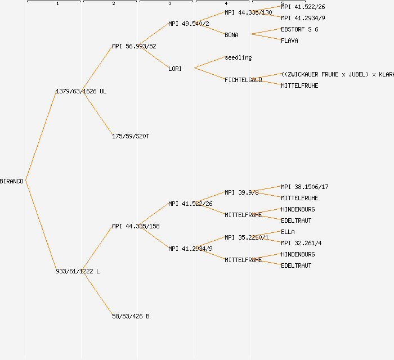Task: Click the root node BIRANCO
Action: click(12, 181)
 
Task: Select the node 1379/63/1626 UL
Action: click(81, 91)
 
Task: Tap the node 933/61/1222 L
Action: click(78, 271)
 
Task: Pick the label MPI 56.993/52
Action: click(134, 46)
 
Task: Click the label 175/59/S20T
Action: click(131, 136)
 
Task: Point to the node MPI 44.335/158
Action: click(136, 226)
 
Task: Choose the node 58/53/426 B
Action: click(131, 316)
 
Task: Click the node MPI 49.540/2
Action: click(189, 24)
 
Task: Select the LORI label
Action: click(175, 69)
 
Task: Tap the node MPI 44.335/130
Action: click(248, 12)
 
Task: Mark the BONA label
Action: click(231, 35)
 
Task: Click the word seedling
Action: click(238, 57)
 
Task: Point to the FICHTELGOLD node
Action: click(243, 80)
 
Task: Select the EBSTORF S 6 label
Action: click(299, 29)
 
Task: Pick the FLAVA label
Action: click(289, 40)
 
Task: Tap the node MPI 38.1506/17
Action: click(305, 187)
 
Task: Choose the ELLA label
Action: click(288, 232)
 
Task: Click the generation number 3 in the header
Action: click(169, 4)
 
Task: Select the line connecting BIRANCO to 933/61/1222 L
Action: click(41, 225)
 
